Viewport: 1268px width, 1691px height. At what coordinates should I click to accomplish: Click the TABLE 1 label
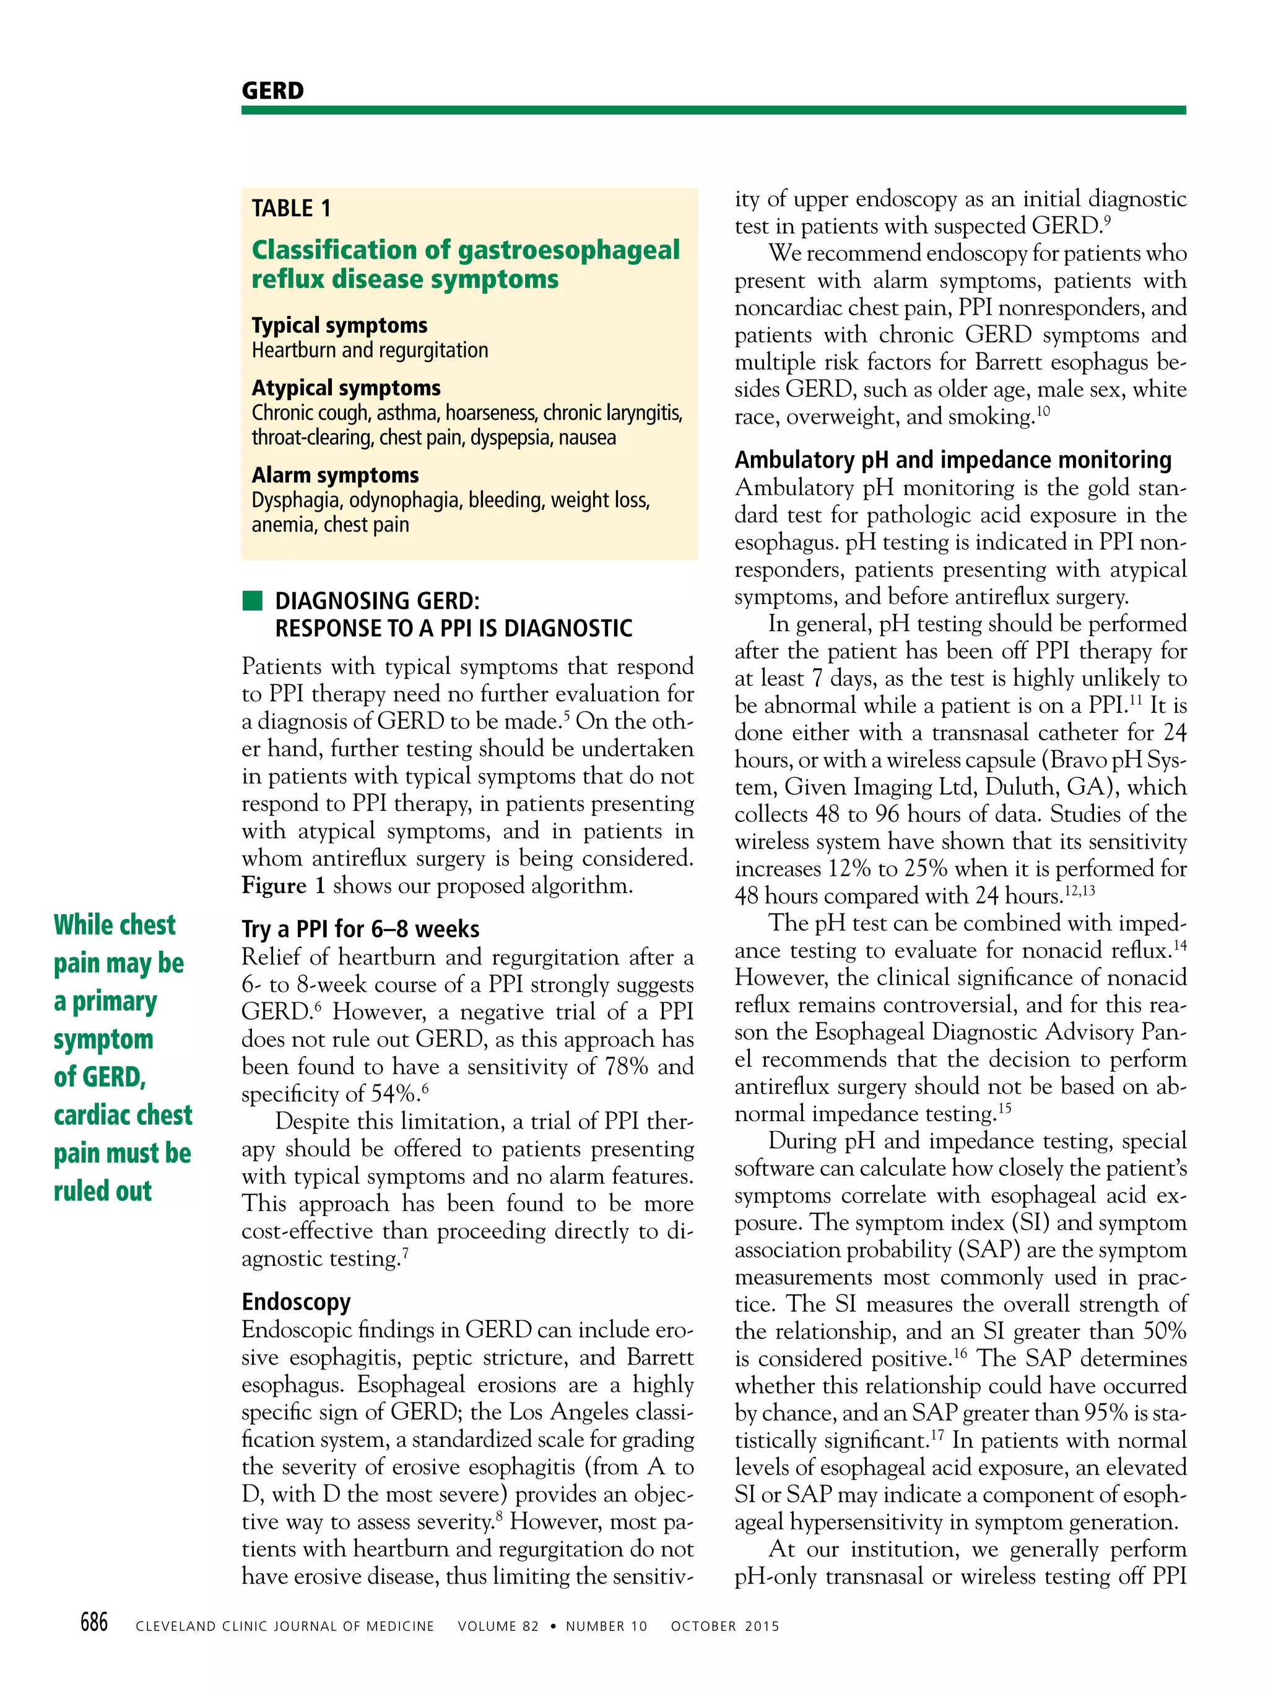tap(291, 208)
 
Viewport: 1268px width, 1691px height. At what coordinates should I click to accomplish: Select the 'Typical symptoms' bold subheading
tap(339, 325)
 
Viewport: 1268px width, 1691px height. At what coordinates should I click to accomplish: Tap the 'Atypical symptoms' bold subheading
tap(346, 388)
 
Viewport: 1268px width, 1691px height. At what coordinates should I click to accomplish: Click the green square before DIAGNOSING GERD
tap(252, 600)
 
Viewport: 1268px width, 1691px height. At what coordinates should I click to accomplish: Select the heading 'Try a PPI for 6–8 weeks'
tap(360, 929)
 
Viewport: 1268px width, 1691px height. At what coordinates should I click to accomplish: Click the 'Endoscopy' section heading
tap(296, 1301)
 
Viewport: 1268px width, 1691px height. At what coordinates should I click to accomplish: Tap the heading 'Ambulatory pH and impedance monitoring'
tap(952, 460)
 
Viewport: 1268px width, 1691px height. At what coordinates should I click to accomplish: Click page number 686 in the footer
tap(94, 1622)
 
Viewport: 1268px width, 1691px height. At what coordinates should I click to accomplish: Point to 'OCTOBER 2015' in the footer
tap(724, 1626)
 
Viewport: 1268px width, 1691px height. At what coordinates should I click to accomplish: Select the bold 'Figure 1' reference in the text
tap(284, 885)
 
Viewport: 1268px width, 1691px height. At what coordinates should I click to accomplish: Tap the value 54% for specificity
tap(395, 1094)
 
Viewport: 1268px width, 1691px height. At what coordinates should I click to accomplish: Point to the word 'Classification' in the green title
tap(334, 250)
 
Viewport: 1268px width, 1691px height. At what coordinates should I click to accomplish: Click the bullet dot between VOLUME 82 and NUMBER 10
tap(553, 1626)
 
